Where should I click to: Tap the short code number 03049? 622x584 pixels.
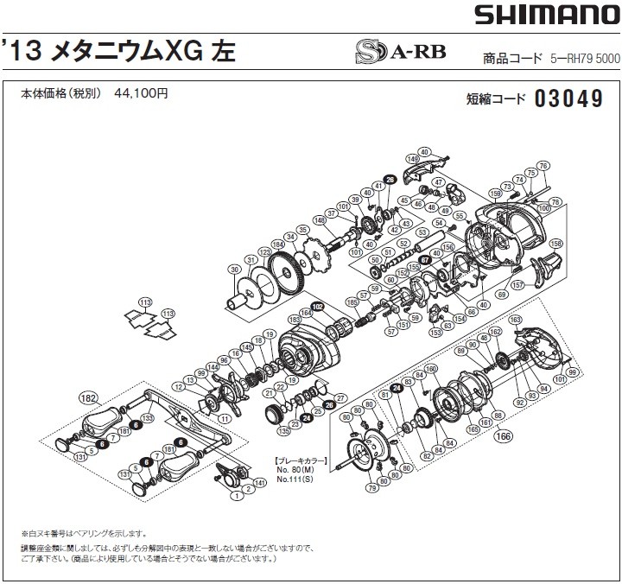click(x=568, y=98)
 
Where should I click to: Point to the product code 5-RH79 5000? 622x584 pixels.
click(x=583, y=59)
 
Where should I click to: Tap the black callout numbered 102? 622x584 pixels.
click(x=317, y=306)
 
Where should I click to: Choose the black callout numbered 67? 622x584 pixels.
click(x=424, y=259)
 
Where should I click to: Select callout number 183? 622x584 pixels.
click(x=295, y=319)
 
